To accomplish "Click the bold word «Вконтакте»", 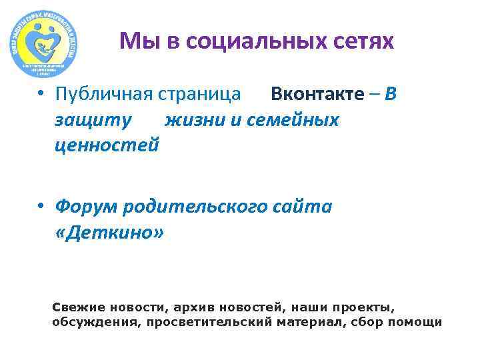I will (318, 94).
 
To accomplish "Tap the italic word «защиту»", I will (93, 119).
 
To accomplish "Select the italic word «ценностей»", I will (107, 145).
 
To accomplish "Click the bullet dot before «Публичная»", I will (41, 94).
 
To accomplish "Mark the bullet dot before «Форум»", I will (41, 207).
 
